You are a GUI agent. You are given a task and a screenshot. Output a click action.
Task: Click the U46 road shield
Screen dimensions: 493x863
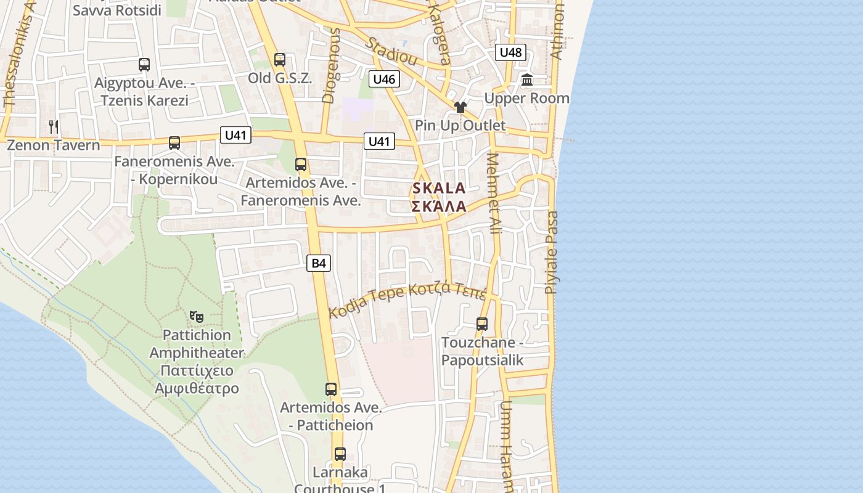(x=384, y=79)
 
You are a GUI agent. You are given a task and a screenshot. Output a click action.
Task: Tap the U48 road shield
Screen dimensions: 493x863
(x=510, y=52)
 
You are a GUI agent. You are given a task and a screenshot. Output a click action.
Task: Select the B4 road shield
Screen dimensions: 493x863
(x=318, y=263)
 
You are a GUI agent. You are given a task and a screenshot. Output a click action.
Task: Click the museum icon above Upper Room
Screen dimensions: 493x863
(x=527, y=79)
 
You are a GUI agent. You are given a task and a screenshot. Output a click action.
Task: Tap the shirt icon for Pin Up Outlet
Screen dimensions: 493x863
(x=460, y=107)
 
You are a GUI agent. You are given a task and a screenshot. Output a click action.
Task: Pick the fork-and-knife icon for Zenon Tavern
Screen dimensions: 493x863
(x=54, y=127)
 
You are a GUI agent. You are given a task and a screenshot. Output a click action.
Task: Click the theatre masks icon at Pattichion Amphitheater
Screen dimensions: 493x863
(x=197, y=317)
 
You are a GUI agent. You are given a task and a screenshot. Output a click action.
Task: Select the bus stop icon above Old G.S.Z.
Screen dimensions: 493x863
(x=280, y=60)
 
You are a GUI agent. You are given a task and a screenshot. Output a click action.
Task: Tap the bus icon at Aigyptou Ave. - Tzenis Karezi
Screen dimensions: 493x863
(x=144, y=64)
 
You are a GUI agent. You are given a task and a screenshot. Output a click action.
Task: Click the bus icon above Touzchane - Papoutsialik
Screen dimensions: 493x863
(x=482, y=324)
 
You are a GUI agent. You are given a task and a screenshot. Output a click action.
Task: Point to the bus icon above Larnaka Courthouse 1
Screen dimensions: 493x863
(x=340, y=454)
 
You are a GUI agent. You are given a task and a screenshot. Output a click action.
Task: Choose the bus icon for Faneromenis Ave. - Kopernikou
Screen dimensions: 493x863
(x=174, y=143)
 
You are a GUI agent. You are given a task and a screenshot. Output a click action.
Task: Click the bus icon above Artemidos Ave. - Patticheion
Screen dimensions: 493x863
(x=331, y=389)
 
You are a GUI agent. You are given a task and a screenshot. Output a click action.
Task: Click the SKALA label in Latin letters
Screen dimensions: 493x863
(x=439, y=188)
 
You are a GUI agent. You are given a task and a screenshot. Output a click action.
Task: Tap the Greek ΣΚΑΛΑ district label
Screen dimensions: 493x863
(x=439, y=206)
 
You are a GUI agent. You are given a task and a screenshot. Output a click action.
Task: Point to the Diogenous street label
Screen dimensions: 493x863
(x=331, y=65)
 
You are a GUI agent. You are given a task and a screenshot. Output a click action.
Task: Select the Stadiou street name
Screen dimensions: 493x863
(x=391, y=52)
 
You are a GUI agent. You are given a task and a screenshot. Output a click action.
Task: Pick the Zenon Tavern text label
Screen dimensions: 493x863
(x=53, y=145)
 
